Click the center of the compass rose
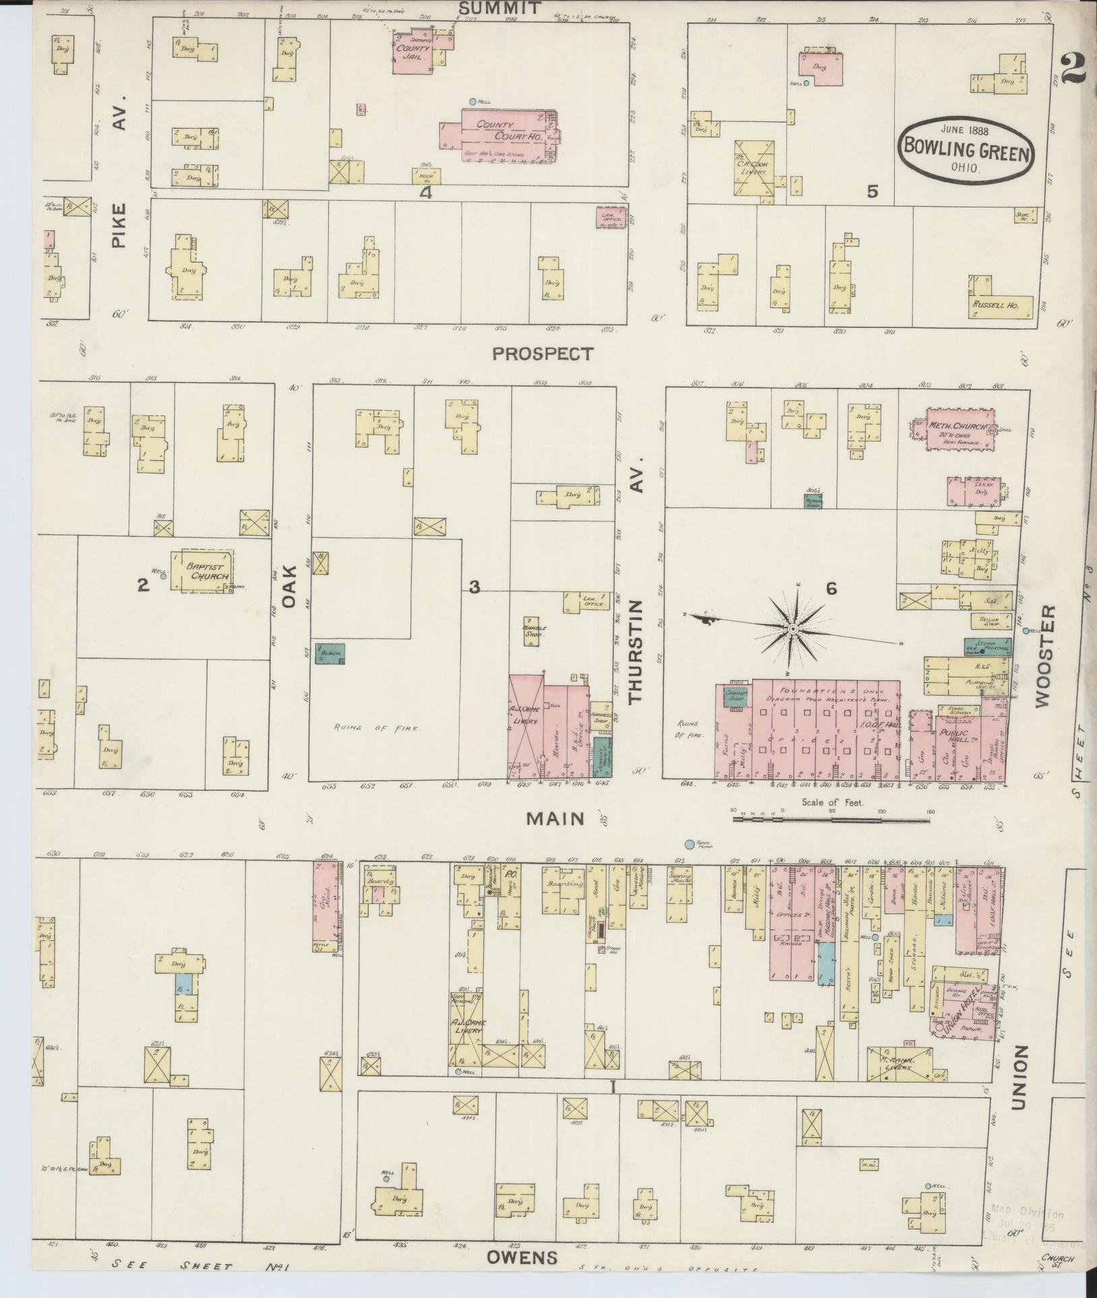click(793, 628)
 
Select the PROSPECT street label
click(542, 353)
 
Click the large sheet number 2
click(1073, 69)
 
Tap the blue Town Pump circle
click(689, 844)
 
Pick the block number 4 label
click(425, 193)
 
